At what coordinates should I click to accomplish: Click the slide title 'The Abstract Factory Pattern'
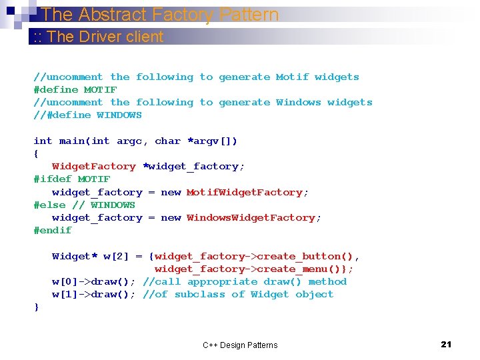(159, 14)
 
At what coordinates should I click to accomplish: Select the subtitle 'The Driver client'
(105, 37)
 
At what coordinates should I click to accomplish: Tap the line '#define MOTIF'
(75, 89)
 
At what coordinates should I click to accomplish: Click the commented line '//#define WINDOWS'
(88, 115)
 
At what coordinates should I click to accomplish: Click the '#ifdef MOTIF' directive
(72, 179)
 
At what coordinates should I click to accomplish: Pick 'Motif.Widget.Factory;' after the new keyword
(247, 192)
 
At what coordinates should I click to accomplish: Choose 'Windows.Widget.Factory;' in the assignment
(254, 218)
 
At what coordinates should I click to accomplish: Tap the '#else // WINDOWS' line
(85, 205)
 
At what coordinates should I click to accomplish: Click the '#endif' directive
(53, 231)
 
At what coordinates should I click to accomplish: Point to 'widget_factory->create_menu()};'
(254, 269)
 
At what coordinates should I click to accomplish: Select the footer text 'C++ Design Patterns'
(240, 345)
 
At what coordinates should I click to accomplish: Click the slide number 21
(446, 344)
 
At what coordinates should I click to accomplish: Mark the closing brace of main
(37, 307)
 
